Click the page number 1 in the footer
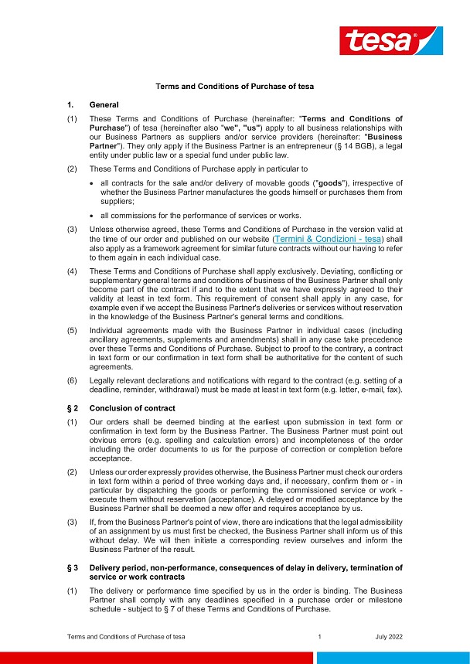pyautogui.click(x=318, y=636)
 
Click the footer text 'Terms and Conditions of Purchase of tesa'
pyautogui.click(x=125, y=636)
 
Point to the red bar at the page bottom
pyautogui.click(x=155, y=657)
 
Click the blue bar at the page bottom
pyautogui.click(x=393, y=657)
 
